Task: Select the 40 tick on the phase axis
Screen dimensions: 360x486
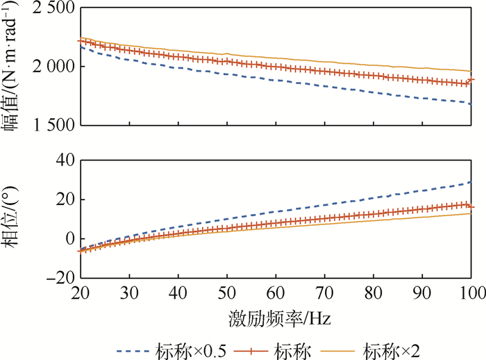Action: [x=65, y=160]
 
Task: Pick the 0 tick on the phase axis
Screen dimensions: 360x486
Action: [x=69, y=238]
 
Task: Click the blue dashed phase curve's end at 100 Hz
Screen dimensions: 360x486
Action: [x=471, y=182]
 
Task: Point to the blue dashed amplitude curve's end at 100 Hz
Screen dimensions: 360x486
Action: [x=471, y=104]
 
